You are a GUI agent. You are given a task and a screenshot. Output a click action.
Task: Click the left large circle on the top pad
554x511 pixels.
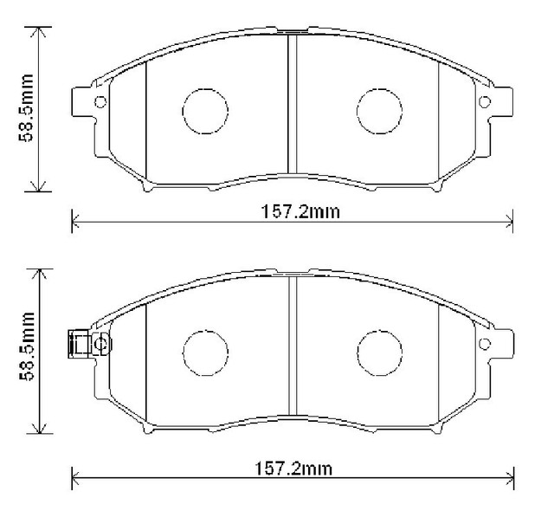[x=205, y=110]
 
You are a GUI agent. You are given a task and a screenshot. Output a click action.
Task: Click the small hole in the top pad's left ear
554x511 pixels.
[x=100, y=103]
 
